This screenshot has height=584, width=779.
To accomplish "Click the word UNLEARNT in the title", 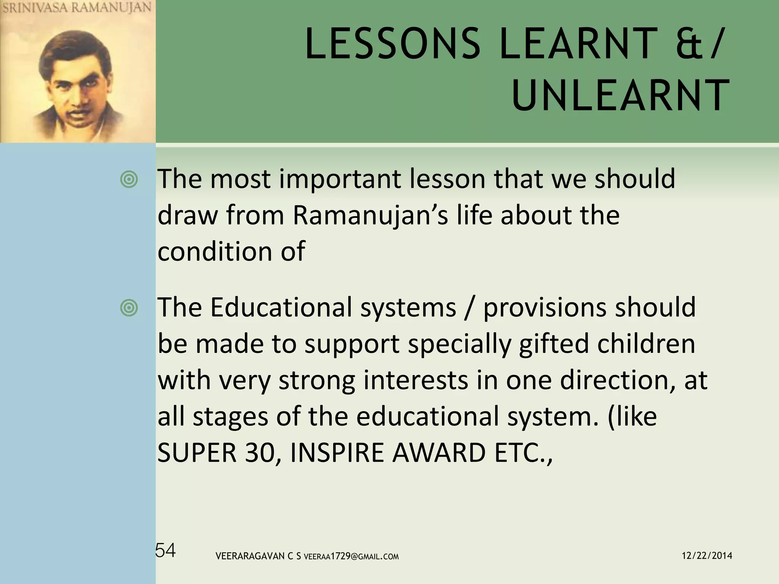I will [620, 95].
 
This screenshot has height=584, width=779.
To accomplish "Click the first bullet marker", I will [129, 179].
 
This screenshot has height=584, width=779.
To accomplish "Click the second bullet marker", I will [129, 307].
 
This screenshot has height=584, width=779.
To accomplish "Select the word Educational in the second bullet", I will [281, 307].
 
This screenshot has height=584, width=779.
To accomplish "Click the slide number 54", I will [166, 551].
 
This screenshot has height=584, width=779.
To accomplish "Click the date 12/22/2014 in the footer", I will [707, 556].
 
